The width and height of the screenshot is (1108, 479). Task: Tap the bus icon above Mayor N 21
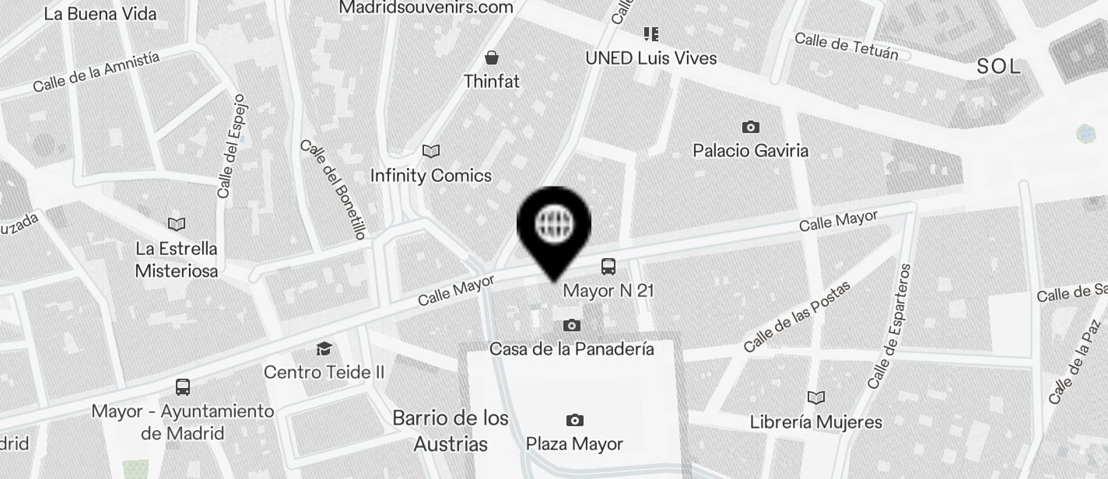608,267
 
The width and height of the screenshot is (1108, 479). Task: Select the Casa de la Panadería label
571,349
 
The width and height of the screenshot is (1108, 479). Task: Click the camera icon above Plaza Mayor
574,421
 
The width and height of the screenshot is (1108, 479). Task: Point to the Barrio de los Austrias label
451,431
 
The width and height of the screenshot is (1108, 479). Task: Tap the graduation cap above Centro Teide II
324,349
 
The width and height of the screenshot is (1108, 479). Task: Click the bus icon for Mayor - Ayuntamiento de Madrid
183,387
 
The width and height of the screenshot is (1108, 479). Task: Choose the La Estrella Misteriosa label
177,260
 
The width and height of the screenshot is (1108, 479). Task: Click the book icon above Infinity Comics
430,151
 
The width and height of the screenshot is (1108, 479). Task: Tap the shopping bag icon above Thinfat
492,58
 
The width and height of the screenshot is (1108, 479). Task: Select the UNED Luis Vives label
650,58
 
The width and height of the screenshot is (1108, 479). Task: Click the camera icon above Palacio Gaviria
750,127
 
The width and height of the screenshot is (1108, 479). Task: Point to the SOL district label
998,67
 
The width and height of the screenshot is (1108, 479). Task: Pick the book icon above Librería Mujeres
815,398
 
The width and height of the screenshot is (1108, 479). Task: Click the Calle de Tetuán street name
847,46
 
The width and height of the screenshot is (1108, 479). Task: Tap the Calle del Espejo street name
232,146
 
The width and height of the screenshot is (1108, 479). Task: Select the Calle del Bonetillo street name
332,189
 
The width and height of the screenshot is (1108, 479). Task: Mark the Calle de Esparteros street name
889,327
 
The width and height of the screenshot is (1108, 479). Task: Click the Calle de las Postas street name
796,316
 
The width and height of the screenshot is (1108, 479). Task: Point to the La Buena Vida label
100,13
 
